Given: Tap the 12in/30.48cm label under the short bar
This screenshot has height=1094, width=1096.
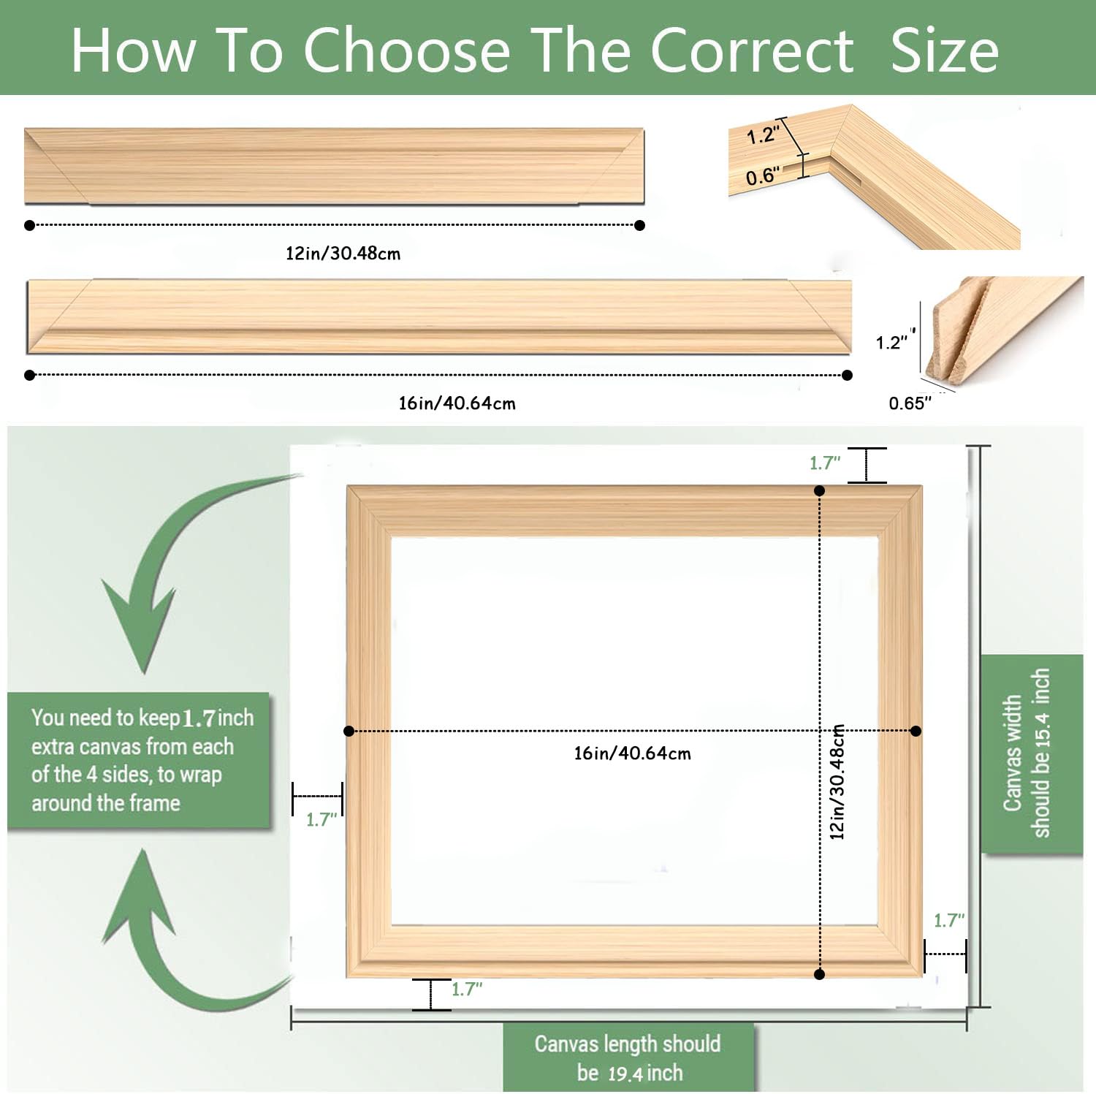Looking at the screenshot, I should [343, 254].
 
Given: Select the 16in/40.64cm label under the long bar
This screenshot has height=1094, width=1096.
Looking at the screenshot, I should [457, 403].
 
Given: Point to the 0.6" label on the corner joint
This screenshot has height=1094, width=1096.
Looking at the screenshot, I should [762, 176].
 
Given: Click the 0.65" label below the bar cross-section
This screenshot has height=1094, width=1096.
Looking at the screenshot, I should [910, 403].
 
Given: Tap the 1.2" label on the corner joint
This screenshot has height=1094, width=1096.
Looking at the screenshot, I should [763, 135].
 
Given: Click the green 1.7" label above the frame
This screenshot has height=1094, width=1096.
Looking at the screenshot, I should [825, 463].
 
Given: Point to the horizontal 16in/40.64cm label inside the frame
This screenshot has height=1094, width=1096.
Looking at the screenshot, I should [632, 753].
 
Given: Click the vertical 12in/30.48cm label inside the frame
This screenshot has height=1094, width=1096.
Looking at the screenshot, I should [837, 781].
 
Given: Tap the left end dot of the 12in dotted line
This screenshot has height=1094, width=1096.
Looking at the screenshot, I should [29, 225].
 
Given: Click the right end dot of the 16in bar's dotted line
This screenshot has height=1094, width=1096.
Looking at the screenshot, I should [847, 375].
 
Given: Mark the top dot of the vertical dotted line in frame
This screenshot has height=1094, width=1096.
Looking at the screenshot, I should [819, 490].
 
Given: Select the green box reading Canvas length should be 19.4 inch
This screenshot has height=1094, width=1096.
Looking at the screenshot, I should [628, 1057].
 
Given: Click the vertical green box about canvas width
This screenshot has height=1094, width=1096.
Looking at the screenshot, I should [1031, 753].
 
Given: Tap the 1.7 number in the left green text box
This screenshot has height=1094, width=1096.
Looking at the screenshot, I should [198, 718].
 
